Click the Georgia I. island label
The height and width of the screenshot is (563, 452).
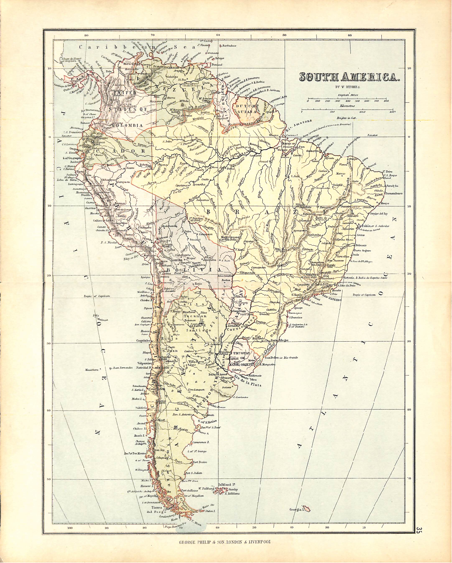coord(296,509)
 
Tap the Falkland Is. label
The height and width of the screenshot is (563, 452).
coord(227,485)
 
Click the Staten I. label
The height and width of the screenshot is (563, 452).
coord(211,511)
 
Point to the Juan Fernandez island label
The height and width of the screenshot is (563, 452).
coord(122,368)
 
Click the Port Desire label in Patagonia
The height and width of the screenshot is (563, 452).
coord(200,462)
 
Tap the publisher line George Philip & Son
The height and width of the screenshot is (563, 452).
coord(225,543)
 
